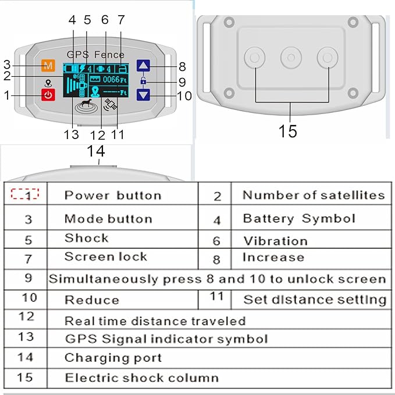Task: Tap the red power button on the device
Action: pyautogui.click(x=48, y=94)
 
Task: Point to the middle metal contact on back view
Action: pyautogui.click(x=291, y=57)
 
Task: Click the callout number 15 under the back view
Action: pyautogui.click(x=288, y=131)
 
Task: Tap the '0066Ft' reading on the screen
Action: pyautogui.click(x=111, y=79)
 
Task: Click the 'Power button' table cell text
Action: pyautogui.click(x=112, y=195)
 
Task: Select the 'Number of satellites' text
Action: pyautogui.click(x=314, y=195)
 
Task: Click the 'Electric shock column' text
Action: pyautogui.click(x=141, y=378)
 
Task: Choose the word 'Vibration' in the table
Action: pyautogui.click(x=275, y=240)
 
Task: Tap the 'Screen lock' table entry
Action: pyautogui.click(x=105, y=257)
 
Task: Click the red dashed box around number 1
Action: pyautogui.click(x=24, y=194)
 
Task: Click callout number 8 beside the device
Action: pyautogui.click(x=182, y=66)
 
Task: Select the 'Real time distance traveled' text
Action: pyautogui.click(x=154, y=321)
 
